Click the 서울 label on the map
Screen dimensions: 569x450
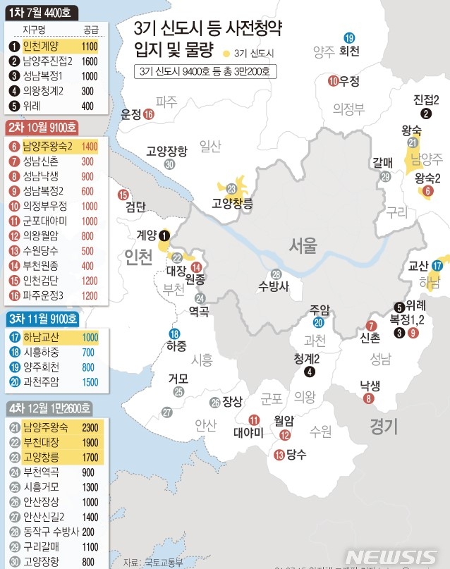point(303,245)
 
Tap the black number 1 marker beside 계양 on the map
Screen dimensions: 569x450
point(164,236)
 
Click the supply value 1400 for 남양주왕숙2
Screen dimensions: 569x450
point(90,147)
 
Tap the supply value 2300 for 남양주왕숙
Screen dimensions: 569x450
point(90,427)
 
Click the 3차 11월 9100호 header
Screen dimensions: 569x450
point(41,319)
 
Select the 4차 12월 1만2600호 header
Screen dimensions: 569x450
point(46,409)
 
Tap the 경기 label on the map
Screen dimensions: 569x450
point(384,425)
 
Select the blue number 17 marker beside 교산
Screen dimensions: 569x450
point(437,266)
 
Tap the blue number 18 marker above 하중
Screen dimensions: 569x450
point(174,334)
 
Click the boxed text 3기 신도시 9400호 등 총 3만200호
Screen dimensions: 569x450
point(207,71)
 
